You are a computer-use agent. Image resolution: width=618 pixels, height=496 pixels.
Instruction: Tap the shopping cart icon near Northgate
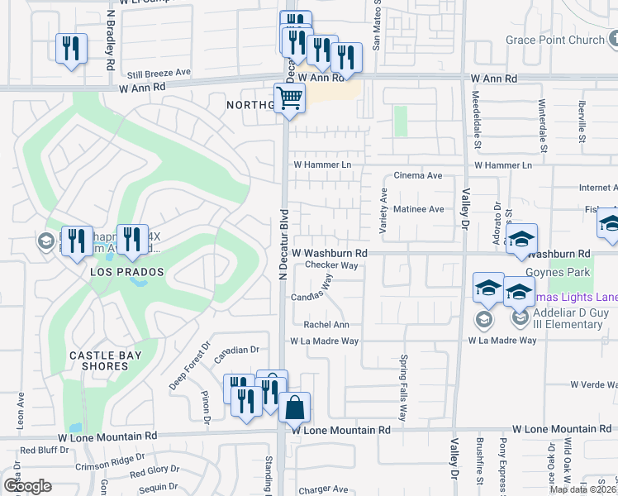click(289, 98)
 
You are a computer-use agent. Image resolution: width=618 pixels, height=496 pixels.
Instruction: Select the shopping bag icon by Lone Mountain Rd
click(294, 407)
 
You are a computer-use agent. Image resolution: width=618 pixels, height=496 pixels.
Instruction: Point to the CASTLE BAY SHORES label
click(105, 355)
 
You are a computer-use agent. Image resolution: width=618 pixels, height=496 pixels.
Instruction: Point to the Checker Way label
click(331, 265)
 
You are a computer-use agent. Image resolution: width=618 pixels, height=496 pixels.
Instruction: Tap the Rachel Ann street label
click(326, 325)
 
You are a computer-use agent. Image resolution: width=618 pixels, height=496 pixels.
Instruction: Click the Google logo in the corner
click(27, 486)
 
